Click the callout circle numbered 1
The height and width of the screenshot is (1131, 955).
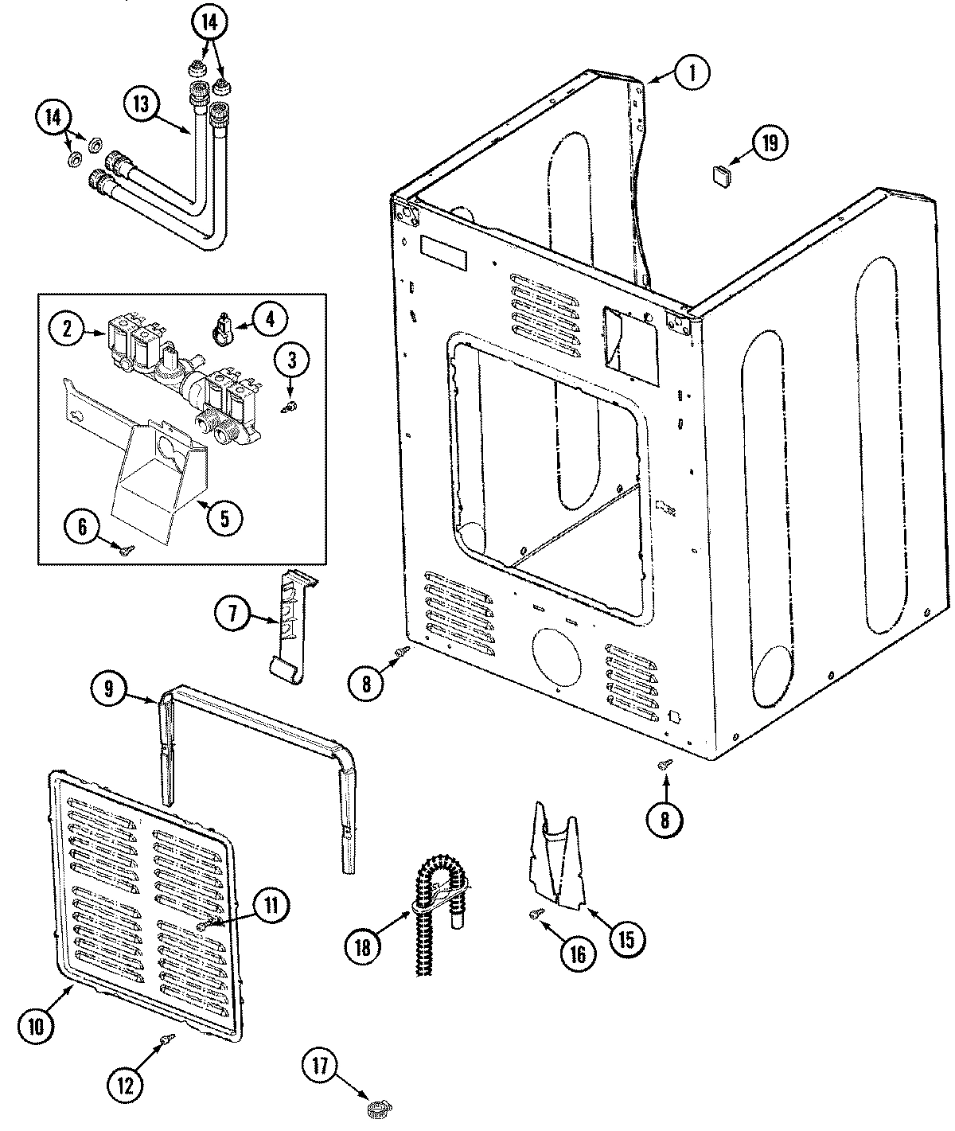tap(692, 74)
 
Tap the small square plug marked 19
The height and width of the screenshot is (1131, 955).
tap(721, 175)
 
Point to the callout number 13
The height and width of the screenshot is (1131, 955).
tap(141, 104)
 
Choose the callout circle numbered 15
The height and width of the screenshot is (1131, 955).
tap(626, 939)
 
